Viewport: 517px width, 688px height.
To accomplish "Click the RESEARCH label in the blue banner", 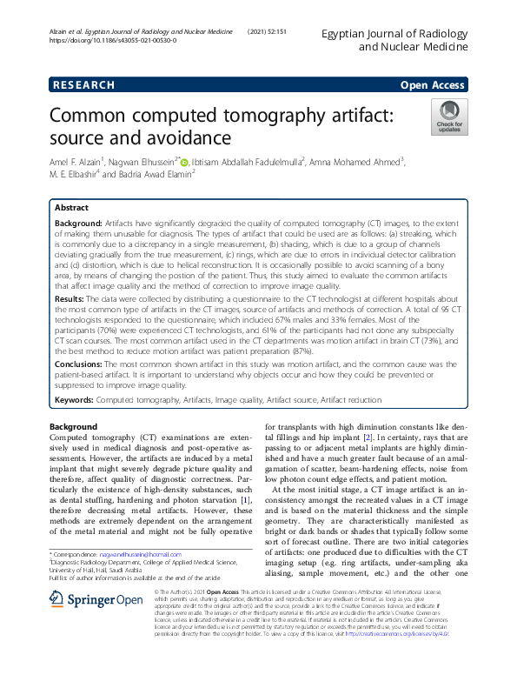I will pos(83,85).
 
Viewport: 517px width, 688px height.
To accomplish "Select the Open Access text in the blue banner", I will pos(434,85).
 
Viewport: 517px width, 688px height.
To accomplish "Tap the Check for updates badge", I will pos(449,118).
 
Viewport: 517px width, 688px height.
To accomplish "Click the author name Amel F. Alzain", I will pos(77,161).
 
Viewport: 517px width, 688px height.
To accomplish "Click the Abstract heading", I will pos(71,209).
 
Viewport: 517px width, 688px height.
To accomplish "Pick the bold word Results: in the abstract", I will pos(70,297).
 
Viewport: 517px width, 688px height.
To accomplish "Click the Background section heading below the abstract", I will pos(74,427).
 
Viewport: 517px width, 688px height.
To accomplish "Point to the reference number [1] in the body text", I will pos(246,499).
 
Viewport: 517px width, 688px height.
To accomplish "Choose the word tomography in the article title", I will pos(272,116).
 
